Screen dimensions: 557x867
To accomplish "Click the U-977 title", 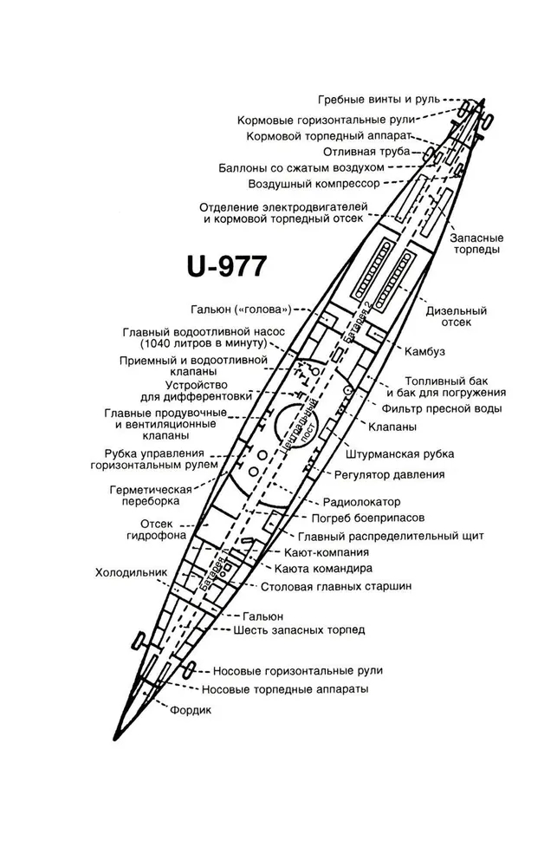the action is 227,266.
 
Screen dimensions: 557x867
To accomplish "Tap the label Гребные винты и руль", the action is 379,100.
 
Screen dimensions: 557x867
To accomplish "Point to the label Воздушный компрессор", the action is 314,184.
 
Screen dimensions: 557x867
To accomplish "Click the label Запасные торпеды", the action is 477,244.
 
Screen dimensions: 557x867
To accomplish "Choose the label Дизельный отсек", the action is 456,316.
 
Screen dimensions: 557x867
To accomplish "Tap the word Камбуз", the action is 424,352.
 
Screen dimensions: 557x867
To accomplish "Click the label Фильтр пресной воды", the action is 442,408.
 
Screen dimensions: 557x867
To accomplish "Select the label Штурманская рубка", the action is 399,454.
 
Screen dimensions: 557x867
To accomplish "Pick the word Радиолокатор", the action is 362,502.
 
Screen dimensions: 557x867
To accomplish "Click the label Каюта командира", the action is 323,569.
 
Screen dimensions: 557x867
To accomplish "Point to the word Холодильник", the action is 131,572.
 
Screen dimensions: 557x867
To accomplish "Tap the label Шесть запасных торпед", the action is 299,629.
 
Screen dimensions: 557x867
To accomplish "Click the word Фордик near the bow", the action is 191,710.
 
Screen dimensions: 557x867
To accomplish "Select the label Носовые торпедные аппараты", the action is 285,689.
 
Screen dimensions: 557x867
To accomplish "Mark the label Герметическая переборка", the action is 151,495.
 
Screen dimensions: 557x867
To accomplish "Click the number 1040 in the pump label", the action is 158,344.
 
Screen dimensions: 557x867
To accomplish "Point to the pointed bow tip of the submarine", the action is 113,740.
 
